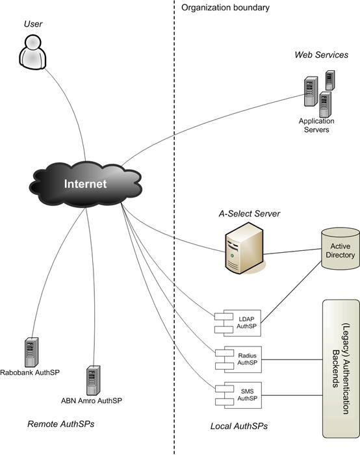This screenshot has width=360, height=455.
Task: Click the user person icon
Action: click(x=32, y=52)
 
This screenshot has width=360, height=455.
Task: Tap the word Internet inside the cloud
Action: click(x=85, y=184)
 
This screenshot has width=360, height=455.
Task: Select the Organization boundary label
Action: click(x=225, y=7)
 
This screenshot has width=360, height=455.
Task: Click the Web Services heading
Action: click(x=322, y=55)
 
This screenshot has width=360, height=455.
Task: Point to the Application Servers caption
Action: click(x=316, y=125)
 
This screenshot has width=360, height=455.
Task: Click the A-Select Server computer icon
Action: click(x=244, y=248)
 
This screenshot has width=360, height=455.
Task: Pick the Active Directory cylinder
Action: click(x=341, y=249)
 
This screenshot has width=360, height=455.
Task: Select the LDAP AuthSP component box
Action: click(x=238, y=323)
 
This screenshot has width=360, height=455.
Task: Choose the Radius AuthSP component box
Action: click(x=238, y=359)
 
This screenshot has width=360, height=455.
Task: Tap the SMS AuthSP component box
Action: click(x=238, y=395)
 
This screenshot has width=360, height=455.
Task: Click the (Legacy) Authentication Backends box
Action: click(x=341, y=369)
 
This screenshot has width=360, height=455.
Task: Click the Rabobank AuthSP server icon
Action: click(x=31, y=352)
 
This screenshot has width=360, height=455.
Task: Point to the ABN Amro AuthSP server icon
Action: click(x=94, y=380)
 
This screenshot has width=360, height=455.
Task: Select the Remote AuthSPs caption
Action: click(x=61, y=424)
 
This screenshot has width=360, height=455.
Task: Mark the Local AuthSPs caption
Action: click(x=238, y=426)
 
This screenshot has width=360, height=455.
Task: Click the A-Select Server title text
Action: click(x=250, y=214)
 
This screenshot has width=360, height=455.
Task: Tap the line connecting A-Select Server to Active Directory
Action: click(x=292, y=252)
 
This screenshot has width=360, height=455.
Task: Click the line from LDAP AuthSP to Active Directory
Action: click(x=291, y=292)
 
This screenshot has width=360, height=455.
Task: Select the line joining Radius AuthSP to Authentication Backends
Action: click(x=292, y=359)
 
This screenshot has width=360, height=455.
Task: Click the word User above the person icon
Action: click(x=33, y=24)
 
